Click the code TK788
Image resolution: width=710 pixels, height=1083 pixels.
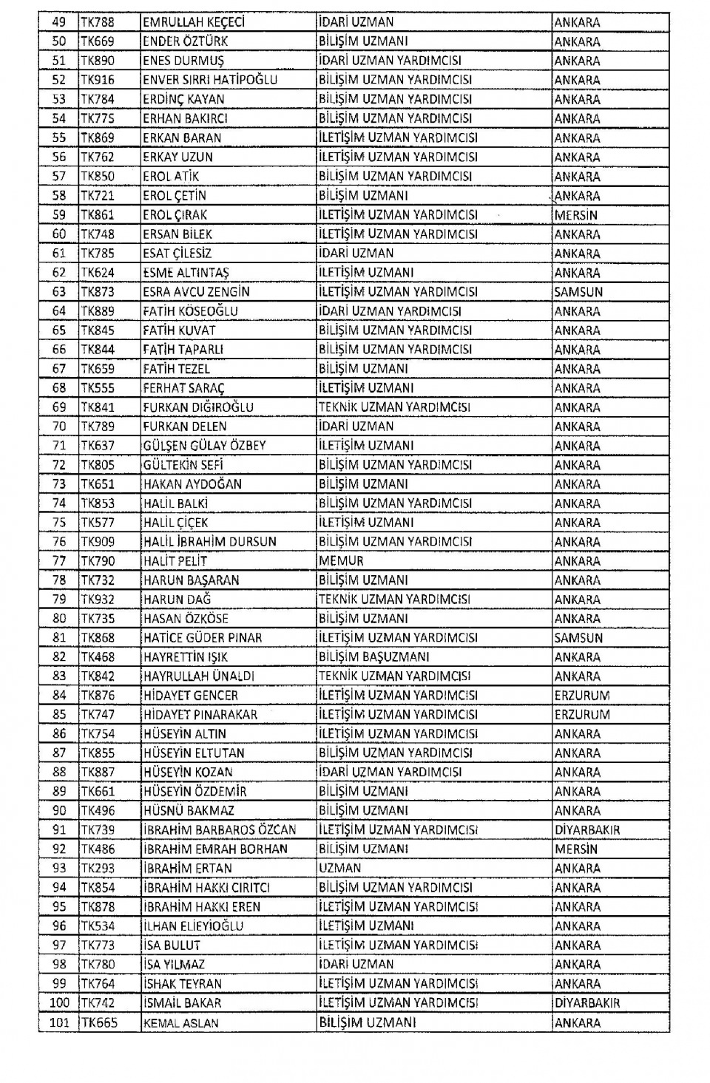click(98, 22)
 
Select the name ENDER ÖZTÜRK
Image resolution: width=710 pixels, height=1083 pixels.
click(186, 41)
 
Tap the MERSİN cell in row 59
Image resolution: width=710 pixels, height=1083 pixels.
click(576, 215)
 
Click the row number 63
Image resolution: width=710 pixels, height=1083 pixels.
click(59, 292)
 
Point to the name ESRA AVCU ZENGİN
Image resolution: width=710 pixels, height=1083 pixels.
click(196, 292)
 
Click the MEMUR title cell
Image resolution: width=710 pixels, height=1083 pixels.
click(342, 561)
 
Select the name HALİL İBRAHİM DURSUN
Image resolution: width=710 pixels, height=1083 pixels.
click(210, 542)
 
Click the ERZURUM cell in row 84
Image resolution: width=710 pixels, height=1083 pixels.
click(582, 696)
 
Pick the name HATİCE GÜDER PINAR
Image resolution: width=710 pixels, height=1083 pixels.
click(203, 638)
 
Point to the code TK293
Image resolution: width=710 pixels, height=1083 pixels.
click(98, 869)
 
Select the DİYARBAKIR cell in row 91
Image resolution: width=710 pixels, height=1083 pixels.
click(587, 830)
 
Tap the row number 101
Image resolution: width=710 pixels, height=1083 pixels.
click(59, 1023)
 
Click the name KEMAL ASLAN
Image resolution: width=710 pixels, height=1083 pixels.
click(180, 1023)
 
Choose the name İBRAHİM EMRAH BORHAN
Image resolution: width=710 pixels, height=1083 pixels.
click(215, 849)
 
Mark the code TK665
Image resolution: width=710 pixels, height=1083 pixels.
click(99, 1023)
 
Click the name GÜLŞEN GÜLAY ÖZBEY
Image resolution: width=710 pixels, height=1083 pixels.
click(204, 446)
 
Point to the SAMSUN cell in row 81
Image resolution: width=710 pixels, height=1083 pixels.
click(578, 638)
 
